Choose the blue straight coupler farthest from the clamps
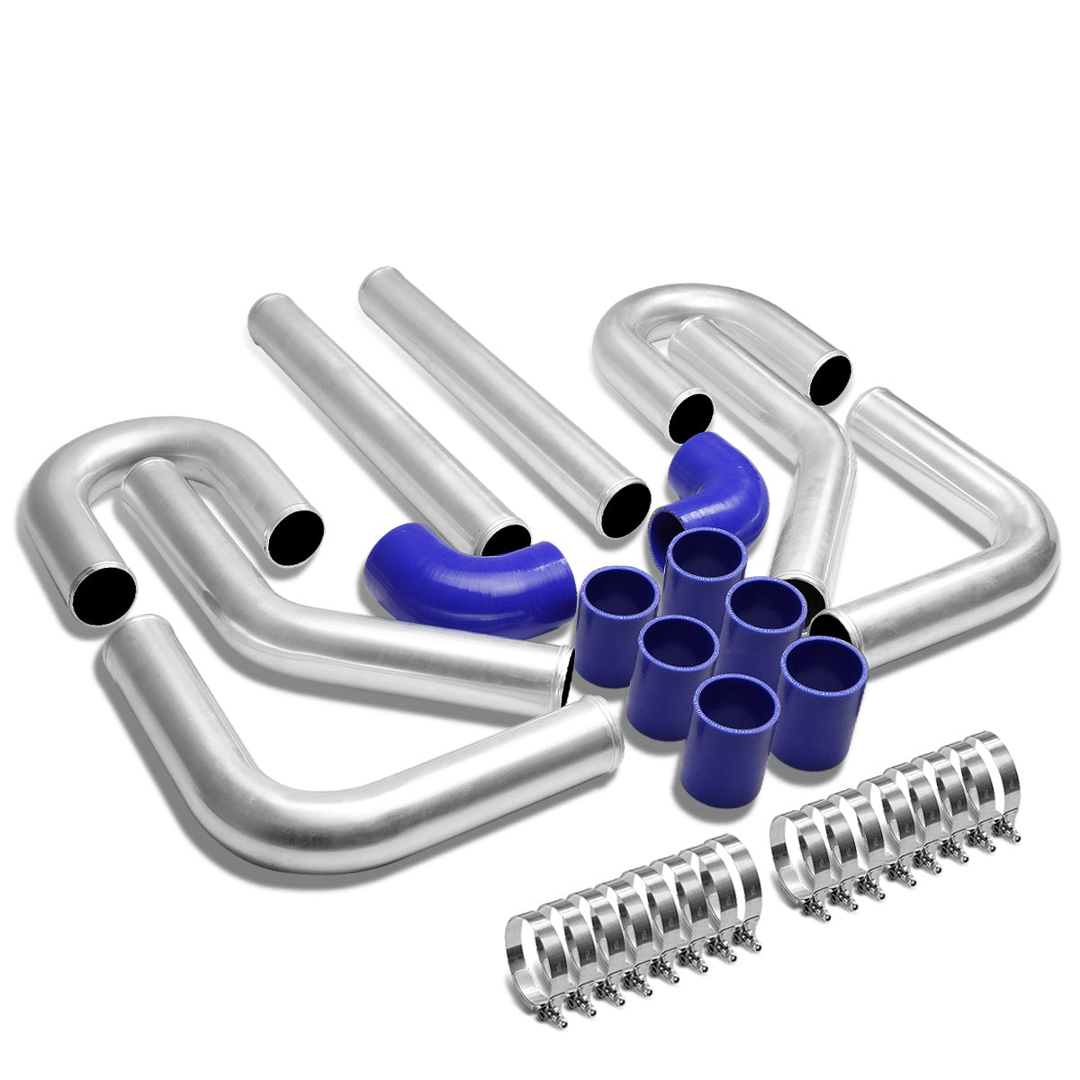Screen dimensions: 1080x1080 pos(706,576)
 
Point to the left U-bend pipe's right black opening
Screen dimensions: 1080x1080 pos(294,537)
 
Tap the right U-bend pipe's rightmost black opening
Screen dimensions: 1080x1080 pos(829,378)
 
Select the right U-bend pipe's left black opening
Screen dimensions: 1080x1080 pos(690,416)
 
